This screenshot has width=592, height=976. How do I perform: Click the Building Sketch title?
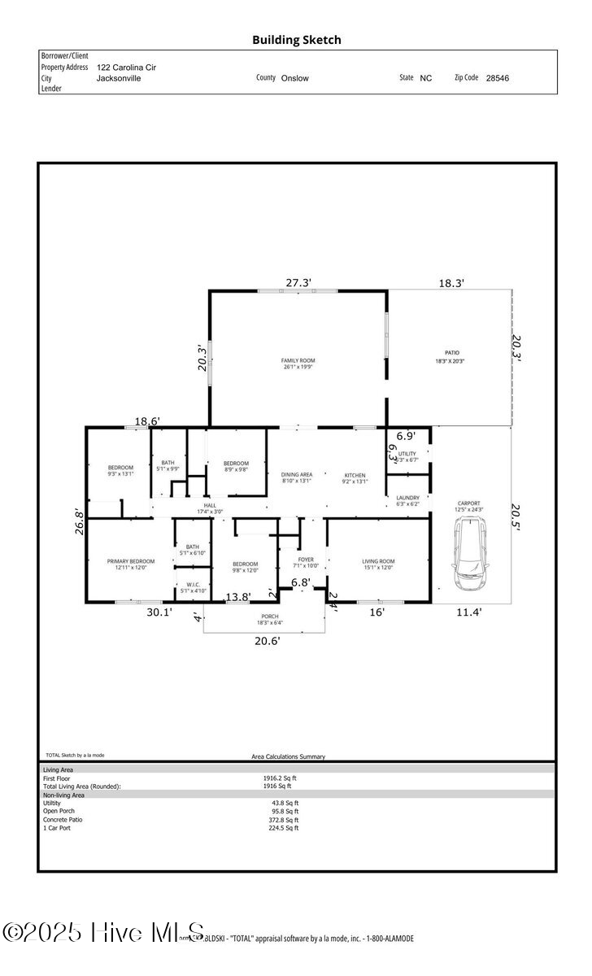pos(296,39)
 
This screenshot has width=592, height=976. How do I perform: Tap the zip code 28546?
pos(497,79)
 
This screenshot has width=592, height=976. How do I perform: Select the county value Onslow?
pos(294,79)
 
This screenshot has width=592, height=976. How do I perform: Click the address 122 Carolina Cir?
pos(126,68)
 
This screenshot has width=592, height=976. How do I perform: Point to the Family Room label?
pos(298,364)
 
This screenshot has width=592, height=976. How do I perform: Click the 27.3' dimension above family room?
pos(298,283)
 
